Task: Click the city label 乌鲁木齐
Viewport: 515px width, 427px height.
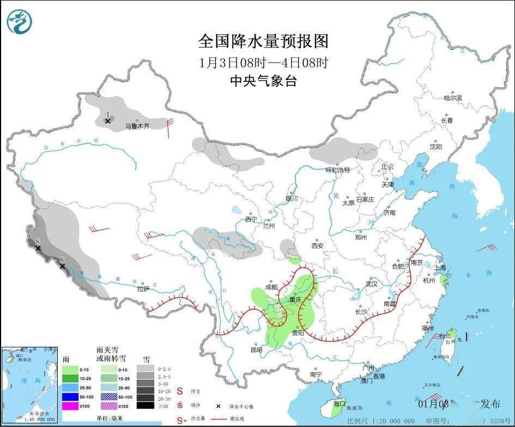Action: click(x=137, y=126)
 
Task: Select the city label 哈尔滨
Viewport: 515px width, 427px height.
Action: click(x=452, y=98)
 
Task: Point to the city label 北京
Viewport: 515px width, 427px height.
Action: click(x=387, y=167)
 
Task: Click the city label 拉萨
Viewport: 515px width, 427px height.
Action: click(x=143, y=289)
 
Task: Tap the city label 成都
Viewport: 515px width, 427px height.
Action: click(x=271, y=287)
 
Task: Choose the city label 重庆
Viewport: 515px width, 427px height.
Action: click(x=295, y=300)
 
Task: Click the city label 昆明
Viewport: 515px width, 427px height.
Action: click(x=256, y=350)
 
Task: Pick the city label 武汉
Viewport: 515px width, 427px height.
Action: click(x=371, y=284)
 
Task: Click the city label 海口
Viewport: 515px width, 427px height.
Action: click(x=340, y=404)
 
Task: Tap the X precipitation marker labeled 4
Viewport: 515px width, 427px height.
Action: click(x=108, y=121)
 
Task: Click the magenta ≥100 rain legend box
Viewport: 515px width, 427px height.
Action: click(x=69, y=406)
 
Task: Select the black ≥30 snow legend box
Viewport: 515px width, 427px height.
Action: click(x=144, y=406)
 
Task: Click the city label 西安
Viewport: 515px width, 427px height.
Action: click(x=317, y=245)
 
